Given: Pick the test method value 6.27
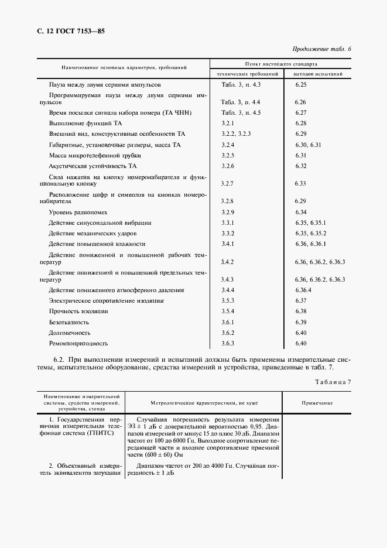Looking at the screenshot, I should click(x=301, y=112).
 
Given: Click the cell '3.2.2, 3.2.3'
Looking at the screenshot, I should click(x=236, y=133).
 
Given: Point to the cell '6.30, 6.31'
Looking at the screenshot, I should click(x=309, y=144).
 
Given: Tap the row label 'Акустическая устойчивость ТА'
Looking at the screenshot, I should click(x=93, y=166).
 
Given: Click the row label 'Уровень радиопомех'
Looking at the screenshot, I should click(x=78, y=212).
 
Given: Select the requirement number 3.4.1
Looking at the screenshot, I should click(x=227, y=244).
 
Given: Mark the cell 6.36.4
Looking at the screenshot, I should click(x=303, y=290).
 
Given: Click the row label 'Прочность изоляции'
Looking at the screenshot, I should click(x=78, y=311).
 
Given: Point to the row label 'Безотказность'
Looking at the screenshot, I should click(x=69, y=322).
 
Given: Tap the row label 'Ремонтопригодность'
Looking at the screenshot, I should click(x=78, y=343).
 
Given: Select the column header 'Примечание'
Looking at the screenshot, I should click(x=317, y=403).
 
